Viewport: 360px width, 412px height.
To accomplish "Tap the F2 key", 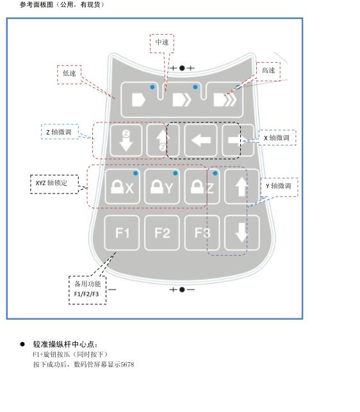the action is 162,233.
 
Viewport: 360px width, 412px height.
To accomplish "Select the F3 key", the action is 202,233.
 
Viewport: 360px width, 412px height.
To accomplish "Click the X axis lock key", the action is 122,186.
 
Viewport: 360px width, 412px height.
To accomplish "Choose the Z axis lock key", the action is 202,186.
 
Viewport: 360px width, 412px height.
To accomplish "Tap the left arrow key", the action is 200,140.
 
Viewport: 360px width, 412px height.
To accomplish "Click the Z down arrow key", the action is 126,140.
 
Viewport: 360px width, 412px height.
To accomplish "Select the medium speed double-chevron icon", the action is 181,100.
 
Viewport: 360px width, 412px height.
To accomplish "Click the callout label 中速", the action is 162,42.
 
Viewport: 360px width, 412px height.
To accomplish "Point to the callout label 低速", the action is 69,73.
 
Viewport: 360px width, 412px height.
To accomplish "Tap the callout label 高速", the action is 268,70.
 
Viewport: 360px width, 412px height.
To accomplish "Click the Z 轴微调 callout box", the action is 60,131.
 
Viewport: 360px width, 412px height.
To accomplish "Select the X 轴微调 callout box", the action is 277,137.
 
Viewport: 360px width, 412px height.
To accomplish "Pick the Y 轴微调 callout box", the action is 279,186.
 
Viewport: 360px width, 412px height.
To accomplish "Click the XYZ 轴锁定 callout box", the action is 54,184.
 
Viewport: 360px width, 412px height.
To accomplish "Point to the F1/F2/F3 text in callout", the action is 86,294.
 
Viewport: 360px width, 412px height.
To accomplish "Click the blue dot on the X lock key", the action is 136,173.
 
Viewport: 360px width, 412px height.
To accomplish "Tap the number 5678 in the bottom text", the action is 127,365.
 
